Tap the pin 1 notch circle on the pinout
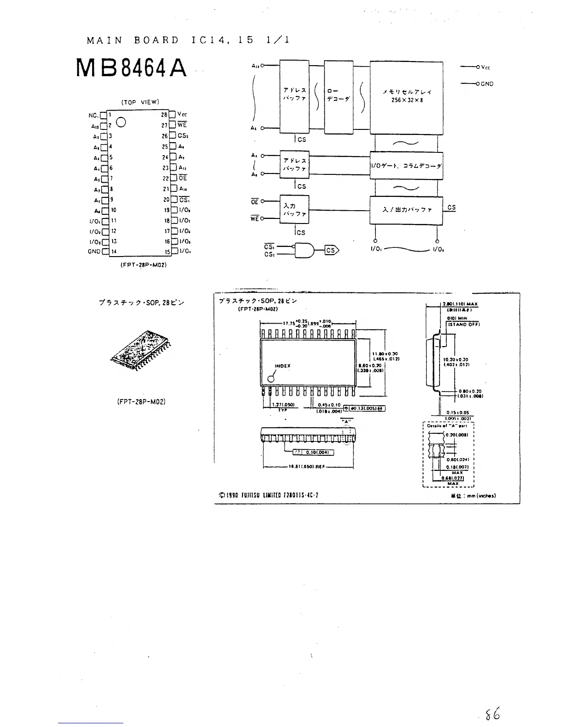[121, 122]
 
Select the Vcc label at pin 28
[182, 115]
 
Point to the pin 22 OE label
[183, 178]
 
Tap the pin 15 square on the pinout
[174, 252]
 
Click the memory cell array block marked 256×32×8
[406, 97]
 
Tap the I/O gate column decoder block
[406, 166]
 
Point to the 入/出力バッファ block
[406, 210]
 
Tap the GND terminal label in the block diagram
[487, 84]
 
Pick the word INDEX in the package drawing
[282, 366]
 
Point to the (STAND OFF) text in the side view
[463, 324]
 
